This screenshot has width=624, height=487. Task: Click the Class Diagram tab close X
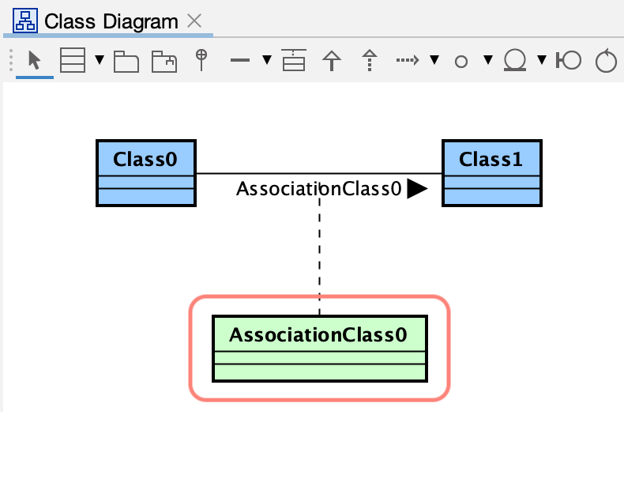[x=194, y=21]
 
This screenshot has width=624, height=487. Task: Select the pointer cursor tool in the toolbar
[x=34, y=61]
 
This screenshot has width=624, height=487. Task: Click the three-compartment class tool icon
[x=73, y=61]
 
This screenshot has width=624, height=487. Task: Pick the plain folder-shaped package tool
[x=126, y=62]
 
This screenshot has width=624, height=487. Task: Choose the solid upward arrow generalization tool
[x=332, y=61]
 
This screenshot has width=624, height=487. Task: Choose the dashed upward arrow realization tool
[x=369, y=61]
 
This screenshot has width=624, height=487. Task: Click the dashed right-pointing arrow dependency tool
[x=408, y=60]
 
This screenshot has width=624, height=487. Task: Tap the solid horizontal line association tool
[x=241, y=61]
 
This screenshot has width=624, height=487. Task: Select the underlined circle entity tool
[x=516, y=61]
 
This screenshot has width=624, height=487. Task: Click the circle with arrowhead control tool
[x=606, y=61]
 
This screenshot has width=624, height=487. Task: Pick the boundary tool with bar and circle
[x=568, y=61]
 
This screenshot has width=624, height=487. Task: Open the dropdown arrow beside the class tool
[x=100, y=61]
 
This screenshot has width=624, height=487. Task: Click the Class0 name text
[x=145, y=159]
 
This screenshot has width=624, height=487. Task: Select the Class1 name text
[x=491, y=159]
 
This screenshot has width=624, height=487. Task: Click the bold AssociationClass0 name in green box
[x=318, y=335]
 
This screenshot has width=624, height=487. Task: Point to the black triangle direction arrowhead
[x=416, y=189]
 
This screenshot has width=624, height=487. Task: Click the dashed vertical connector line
[x=319, y=253]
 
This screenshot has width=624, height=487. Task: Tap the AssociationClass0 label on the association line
[x=318, y=189]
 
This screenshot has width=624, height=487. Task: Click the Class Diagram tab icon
[x=26, y=21]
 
